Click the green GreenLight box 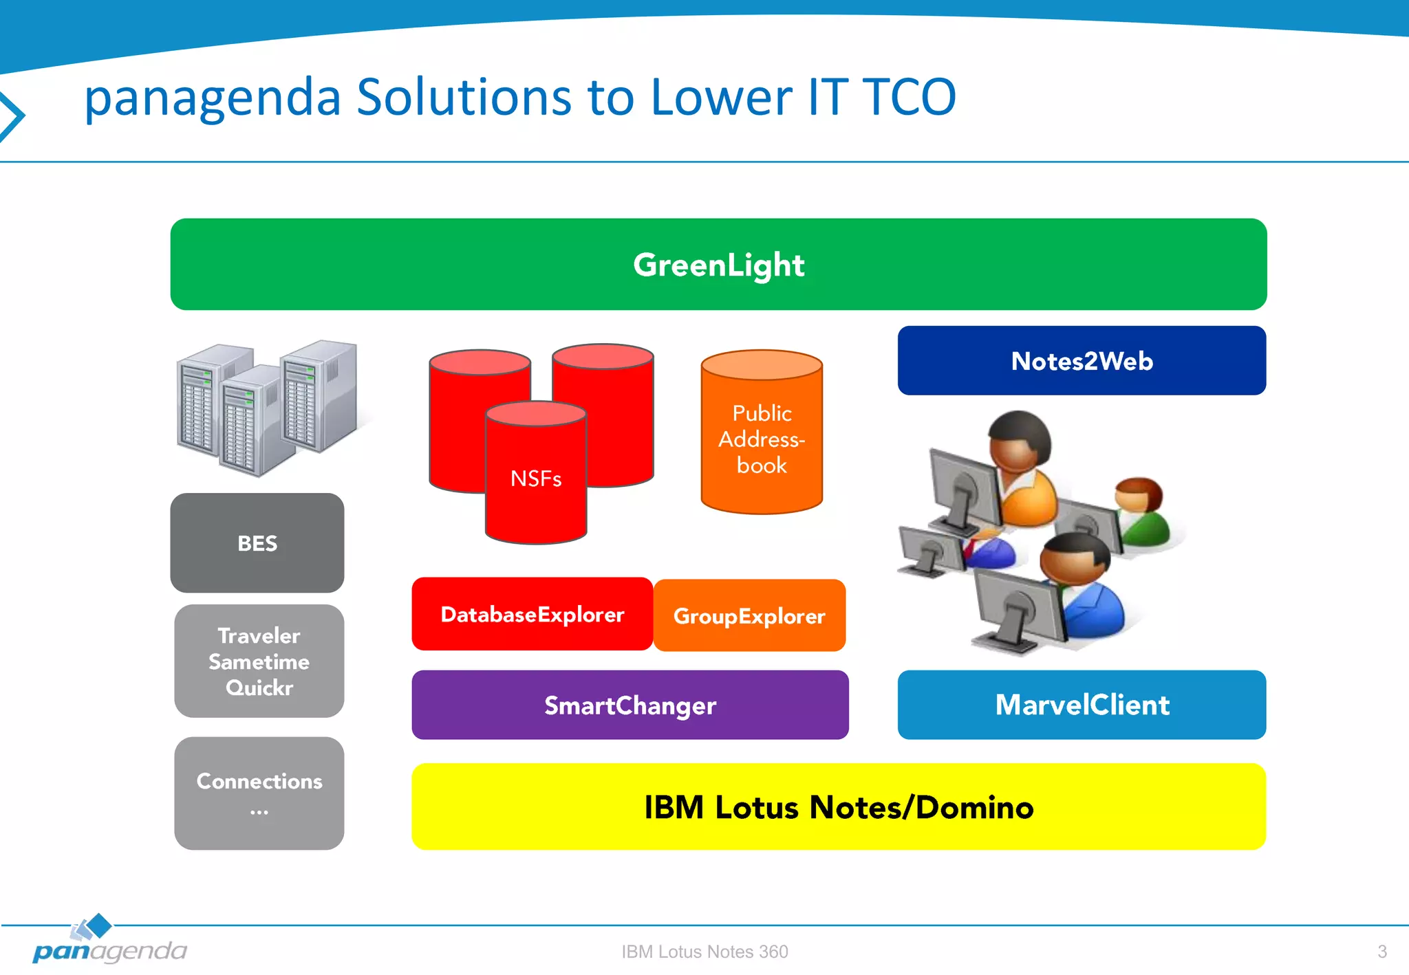(718, 265)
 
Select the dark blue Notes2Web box (1082, 361)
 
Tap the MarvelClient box (1082, 705)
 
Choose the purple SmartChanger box (630, 705)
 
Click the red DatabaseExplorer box (532, 614)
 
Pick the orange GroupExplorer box (749, 616)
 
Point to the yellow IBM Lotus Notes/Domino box (838, 807)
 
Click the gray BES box (257, 543)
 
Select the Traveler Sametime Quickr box (259, 661)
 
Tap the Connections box (259, 793)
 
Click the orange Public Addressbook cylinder (762, 440)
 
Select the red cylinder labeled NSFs (536, 478)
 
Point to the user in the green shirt (1142, 512)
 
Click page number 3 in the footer (1381, 952)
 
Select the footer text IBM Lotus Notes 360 (704, 952)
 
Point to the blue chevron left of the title (12, 116)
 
